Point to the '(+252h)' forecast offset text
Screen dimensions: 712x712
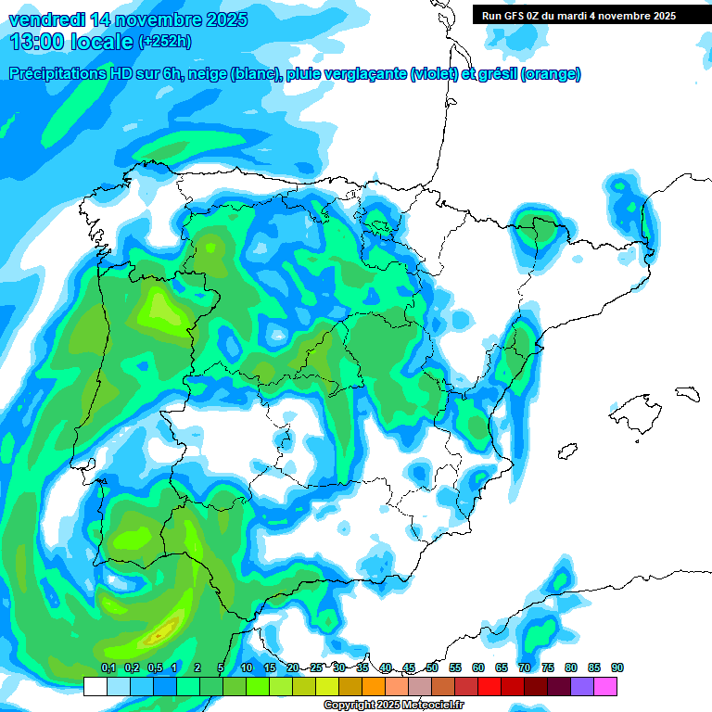coord(165,42)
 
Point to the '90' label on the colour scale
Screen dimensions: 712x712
coord(617,668)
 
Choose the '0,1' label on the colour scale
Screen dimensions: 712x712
coord(108,668)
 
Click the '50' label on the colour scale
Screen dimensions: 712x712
coord(432,668)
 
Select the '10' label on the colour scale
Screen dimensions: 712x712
coord(247,668)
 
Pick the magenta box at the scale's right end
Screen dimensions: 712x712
coord(605,686)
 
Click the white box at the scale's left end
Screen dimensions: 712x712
coord(95,686)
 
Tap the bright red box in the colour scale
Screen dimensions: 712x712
coord(489,686)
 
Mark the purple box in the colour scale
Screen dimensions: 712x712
coord(582,686)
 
